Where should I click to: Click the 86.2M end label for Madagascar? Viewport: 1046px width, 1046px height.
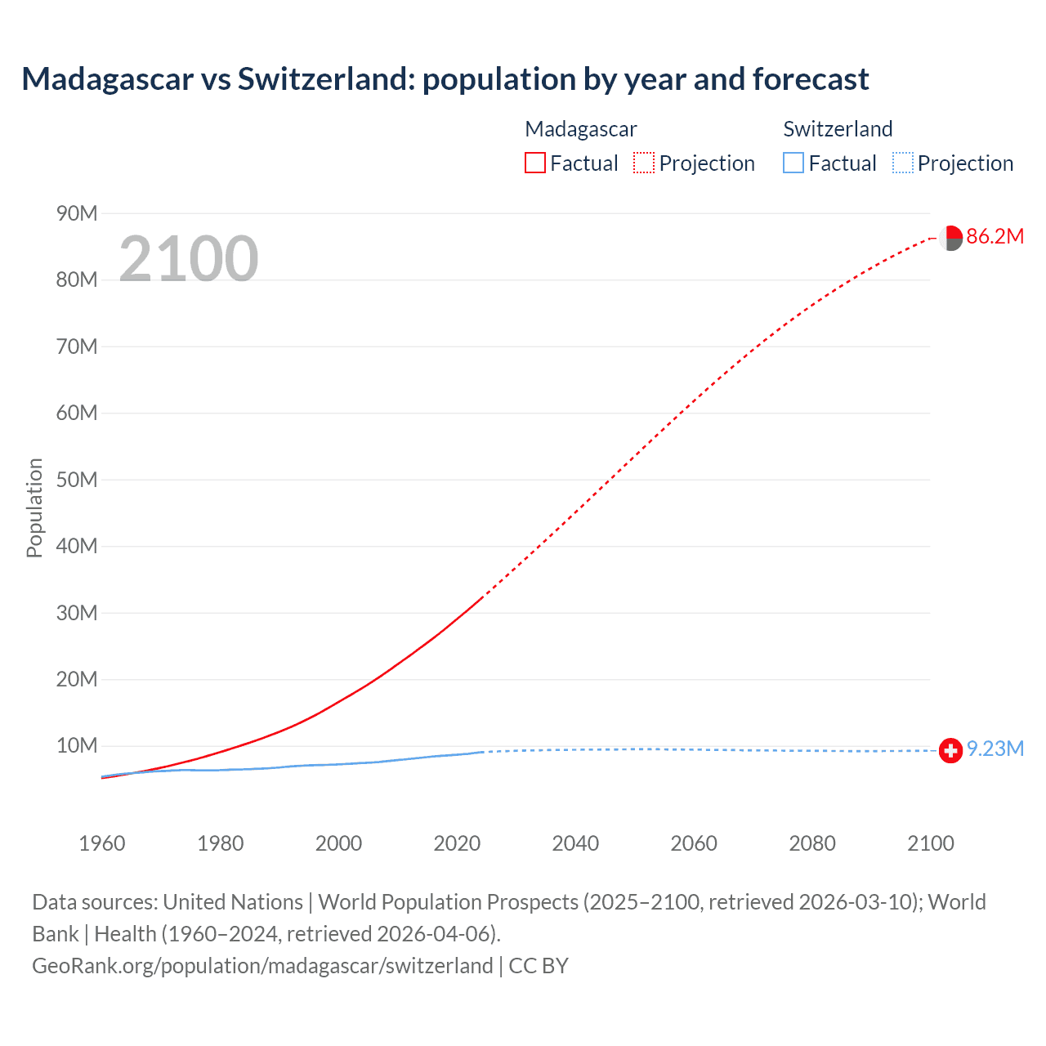[995, 237]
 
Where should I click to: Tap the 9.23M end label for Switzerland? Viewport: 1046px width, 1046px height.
[995, 749]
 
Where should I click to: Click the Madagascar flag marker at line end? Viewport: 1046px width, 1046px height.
[950, 238]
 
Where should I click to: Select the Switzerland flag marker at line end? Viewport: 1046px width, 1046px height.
[950, 750]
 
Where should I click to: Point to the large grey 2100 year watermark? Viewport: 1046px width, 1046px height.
[189, 259]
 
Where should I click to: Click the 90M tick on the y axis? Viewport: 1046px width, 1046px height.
[77, 214]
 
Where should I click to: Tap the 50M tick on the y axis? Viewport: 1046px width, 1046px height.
[77, 480]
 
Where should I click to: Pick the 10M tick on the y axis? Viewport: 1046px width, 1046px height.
[77, 745]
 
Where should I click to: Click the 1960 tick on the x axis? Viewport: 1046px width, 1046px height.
[102, 843]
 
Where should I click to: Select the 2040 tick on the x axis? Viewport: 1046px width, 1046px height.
[575, 843]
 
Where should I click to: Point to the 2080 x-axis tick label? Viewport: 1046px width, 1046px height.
[812, 843]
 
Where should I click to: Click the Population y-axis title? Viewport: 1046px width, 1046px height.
[34, 507]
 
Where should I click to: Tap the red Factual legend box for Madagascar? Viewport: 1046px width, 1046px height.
[534, 163]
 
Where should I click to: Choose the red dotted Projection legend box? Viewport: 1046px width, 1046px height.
[644, 163]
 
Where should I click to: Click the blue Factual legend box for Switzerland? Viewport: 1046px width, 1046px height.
[793, 163]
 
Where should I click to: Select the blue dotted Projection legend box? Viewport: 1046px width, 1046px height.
[902, 163]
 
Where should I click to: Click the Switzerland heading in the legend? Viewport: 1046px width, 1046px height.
[838, 129]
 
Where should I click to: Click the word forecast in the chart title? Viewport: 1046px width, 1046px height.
[811, 79]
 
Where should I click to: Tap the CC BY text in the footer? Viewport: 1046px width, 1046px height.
[539, 966]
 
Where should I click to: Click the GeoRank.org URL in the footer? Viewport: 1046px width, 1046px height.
[262, 966]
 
